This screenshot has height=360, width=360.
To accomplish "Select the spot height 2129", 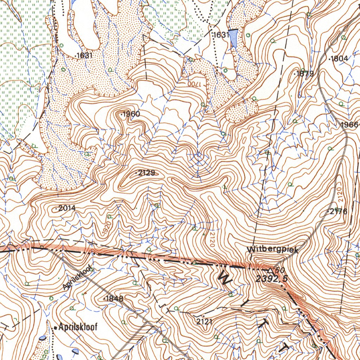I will (146, 173).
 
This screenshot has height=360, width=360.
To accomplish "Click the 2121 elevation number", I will (204, 321).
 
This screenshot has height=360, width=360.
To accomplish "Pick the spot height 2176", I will (338, 211).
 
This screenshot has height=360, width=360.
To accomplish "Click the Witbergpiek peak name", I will (272, 250).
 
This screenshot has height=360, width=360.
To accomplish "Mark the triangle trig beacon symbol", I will (270, 270).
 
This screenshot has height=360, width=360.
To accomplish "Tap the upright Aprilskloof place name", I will (78, 327).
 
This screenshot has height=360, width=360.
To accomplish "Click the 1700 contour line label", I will (194, 84).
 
